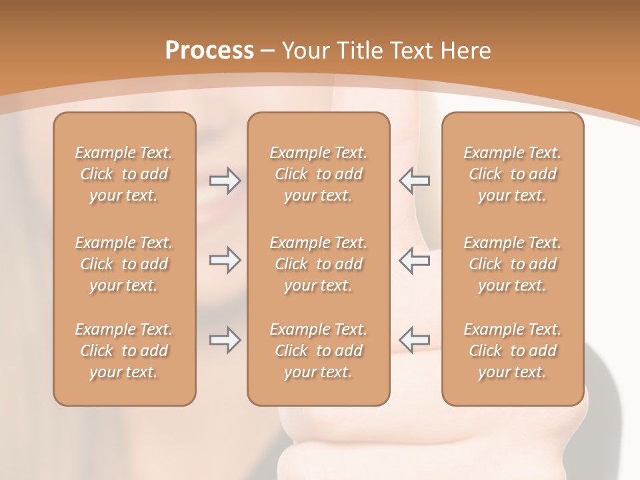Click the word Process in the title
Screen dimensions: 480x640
click(x=209, y=51)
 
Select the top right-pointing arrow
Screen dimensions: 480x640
click(x=225, y=181)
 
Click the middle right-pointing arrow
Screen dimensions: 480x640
click(x=225, y=260)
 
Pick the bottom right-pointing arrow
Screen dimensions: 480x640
click(x=225, y=340)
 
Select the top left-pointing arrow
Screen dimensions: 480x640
click(x=414, y=181)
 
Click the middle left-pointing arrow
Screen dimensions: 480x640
click(x=414, y=260)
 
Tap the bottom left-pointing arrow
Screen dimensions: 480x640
click(x=414, y=340)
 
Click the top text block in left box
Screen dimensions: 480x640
click(x=124, y=174)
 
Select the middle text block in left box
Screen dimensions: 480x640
click(x=124, y=264)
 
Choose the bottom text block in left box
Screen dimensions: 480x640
click(x=124, y=351)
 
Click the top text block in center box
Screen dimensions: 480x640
click(x=318, y=174)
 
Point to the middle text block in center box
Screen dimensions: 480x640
click(x=318, y=264)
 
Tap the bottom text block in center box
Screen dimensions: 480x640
click(x=318, y=351)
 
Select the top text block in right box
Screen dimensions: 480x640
click(x=512, y=174)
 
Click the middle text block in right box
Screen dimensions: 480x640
click(x=512, y=264)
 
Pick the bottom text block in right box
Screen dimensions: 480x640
click(x=512, y=351)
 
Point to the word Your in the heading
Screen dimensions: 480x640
click(x=304, y=51)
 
